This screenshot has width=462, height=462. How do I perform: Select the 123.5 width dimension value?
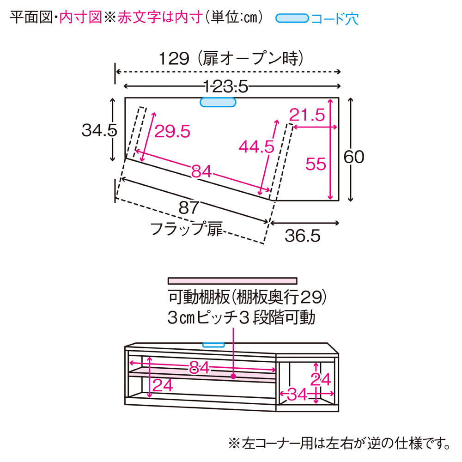tap(226, 87)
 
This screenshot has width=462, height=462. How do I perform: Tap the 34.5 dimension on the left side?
tap(99, 130)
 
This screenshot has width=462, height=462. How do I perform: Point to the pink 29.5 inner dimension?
tap(172, 131)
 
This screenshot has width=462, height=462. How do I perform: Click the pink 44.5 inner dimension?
tap(256, 146)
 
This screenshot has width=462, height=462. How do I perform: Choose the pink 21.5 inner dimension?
tap(307, 115)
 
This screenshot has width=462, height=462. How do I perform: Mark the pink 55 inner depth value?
tap(316, 164)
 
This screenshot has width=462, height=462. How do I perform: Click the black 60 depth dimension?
tap(354, 157)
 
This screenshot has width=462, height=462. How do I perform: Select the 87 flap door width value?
tap(189, 208)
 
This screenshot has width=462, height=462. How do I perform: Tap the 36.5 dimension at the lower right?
tap(302, 236)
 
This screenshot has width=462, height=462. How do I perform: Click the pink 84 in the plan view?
tap(201, 171)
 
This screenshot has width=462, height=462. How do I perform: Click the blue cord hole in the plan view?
tap(218, 102)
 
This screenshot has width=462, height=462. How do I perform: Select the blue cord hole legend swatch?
tap(292, 18)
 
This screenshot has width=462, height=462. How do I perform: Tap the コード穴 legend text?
tap(334, 18)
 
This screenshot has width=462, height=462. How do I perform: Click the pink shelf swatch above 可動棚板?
tap(232, 281)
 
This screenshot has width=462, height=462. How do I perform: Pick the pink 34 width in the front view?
tap(297, 394)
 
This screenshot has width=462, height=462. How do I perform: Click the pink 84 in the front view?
tap(199, 368)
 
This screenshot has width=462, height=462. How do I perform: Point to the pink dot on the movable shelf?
tap(233, 376)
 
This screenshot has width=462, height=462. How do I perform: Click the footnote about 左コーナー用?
tap(340, 444)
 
